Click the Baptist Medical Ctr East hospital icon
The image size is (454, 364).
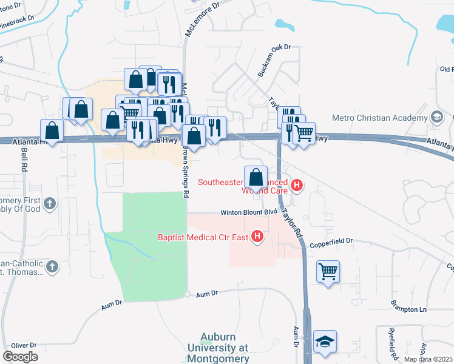[257, 236]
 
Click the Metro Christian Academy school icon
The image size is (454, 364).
[436, 116]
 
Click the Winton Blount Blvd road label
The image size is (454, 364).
[248, 212]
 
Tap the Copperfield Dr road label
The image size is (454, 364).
[331, 241]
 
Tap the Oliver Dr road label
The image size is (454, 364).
[16, 345]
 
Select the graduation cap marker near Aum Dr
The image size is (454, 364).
[325, 342]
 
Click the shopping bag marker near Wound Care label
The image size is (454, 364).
[256, 177]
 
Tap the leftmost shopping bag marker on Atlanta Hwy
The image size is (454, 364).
[52, 130]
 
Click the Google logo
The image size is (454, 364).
[20, 357]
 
